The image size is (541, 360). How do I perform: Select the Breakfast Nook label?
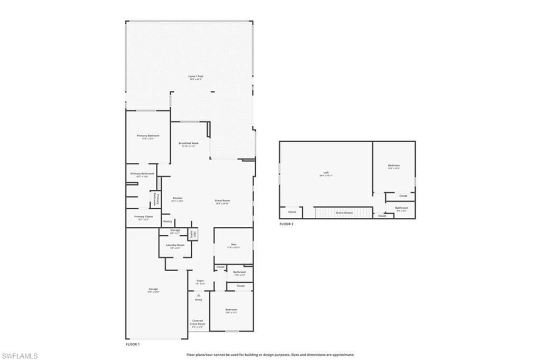[x=189, y=144]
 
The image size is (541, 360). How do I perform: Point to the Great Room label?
[x=222, y=201]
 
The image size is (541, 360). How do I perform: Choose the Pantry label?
[x=167, y=221]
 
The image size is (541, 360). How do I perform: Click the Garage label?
[x=153, y=290]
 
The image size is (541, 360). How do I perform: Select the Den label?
[x=234, y=245]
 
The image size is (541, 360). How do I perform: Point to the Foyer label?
[x=200, y=281]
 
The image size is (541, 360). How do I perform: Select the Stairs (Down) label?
[x=344, y=213]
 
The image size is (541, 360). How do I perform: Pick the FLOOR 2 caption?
[x=286, y=224]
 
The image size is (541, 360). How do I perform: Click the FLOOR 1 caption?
[x=133, y=344]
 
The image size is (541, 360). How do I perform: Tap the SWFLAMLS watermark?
[x=20, y=356]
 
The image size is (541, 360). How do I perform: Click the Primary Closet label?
[x=143, y=217]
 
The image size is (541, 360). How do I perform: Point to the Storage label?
[x=175, y=231]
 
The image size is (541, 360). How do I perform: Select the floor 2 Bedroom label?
[x=394, y=166]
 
